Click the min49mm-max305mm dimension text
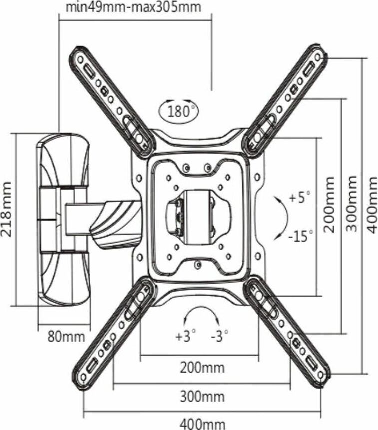133,8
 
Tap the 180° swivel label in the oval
177,111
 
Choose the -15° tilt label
301,235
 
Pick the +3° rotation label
185,336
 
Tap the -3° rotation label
219,336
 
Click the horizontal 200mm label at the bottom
202,368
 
